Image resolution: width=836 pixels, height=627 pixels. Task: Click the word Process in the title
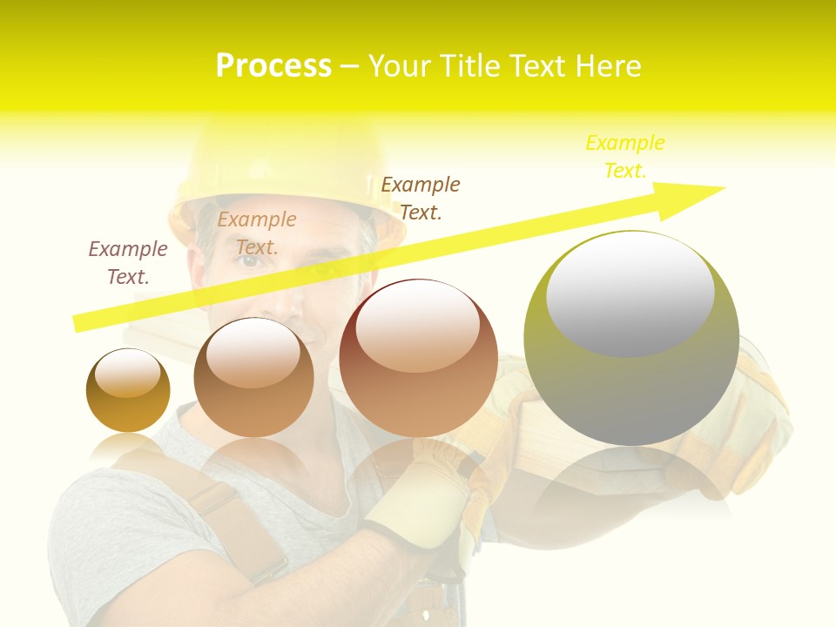[x=273, y=66]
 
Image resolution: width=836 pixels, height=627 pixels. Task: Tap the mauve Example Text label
[x=128, y=263]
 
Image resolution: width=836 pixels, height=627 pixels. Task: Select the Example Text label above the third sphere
[x=421, y=198]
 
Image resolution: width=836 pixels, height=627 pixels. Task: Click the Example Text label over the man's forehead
[x=257, y=233]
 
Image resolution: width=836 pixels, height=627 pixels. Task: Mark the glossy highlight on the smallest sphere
[x=127, y=373]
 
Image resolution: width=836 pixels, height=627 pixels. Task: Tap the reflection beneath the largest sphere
[x=631, y=479]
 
